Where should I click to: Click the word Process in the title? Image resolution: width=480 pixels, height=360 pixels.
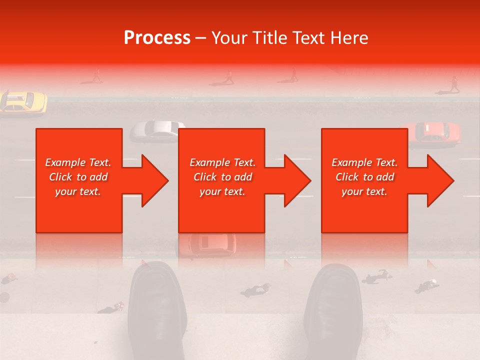157,38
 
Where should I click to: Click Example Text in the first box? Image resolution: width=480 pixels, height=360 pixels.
78,162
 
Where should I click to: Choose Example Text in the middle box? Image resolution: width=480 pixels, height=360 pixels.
222,162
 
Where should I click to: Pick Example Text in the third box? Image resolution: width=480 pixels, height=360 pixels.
364,162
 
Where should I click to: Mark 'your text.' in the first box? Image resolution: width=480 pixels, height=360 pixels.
78,191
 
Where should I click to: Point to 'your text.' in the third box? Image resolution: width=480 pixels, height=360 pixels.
364,191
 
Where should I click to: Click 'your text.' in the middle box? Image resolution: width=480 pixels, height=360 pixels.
222,191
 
